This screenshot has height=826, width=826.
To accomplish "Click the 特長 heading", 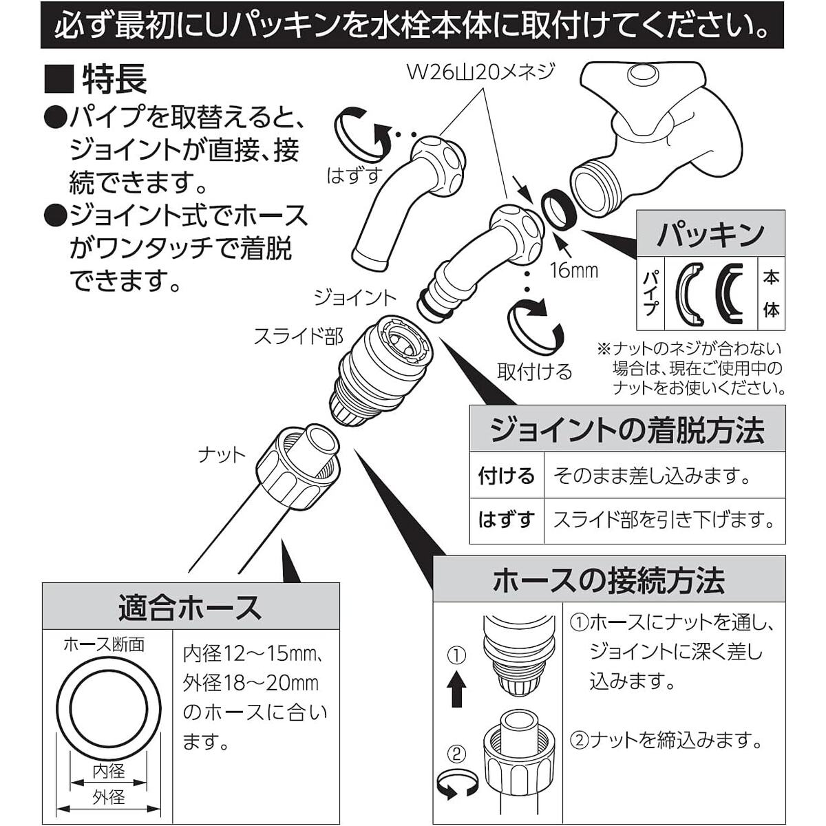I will pyautogui.click(x=114, y=79).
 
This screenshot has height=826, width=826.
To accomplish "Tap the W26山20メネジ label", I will pyautogui.click(x=480, y=72).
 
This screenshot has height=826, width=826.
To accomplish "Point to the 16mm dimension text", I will pyautogui.click(x=573, y=270).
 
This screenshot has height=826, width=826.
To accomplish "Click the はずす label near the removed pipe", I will pyautogui.click(x=354, y=176).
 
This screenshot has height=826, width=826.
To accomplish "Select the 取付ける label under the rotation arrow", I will pyautogui.click(x=534, y=372).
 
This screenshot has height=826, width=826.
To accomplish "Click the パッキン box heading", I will pyautogui.click(x=710, y=234).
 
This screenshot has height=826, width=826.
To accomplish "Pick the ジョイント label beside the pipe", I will pyautogui.click(x=355, y=297).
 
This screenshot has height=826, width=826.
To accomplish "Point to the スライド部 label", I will pyautogui.click(x=298, y=336).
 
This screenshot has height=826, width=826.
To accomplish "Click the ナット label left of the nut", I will pyautogui.click(x=221, y=455).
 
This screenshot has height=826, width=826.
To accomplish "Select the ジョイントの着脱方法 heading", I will pyautogui.click(x=626, y=431).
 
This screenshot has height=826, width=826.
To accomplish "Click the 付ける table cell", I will pyautogui.click(x=506, y=476).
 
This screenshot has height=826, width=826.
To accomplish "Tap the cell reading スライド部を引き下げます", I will pyautogui.click(x=664, y=520).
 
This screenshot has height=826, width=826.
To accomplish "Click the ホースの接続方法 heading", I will pyautogui.click(x=608, y=580).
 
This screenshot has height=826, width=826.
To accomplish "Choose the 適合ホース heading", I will pyautogui.click(x=190, y=607).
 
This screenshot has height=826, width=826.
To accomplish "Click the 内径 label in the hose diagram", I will pyautogui.click(x=109, y=770).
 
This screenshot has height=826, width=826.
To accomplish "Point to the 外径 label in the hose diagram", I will pyautogui.click(x=109, y=796).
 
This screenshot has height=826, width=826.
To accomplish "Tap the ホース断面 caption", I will pyautogui.click(x=104, y=644).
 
